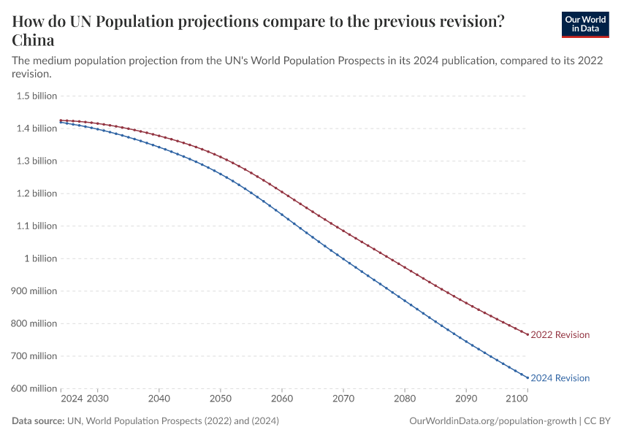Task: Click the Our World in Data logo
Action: click(x=584, y=24)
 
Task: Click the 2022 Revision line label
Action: click(x=560, y=335)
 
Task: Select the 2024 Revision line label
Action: click(x=560, y=378)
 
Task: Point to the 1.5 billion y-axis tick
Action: click(x=37, y=96)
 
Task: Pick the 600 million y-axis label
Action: click(x=34, y=388)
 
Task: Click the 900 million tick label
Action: click(x=34, y=291)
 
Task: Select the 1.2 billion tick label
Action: click(x=37, y=193)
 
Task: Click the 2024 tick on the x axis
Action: click(x=72, y=399)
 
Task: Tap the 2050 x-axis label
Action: click(x=221, y=399)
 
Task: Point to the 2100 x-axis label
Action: click(x=517, y=399)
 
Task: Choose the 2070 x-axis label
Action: click(x=343, y=399)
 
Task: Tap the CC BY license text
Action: click(x=598, y=421)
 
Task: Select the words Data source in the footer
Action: click(x=37, y=421)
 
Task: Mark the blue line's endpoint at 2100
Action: click(x=527, y=377)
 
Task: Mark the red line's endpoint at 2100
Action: click(x=527, y=334)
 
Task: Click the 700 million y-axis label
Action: click(x=34, y=356)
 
